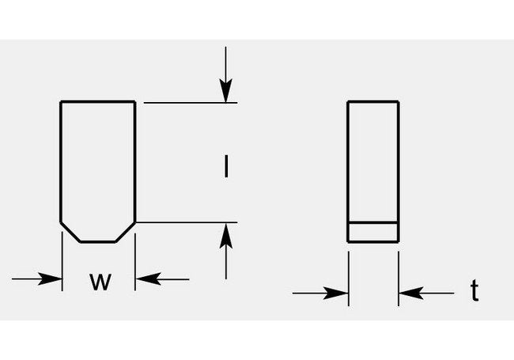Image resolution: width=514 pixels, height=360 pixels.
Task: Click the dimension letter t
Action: [x=474, y=292]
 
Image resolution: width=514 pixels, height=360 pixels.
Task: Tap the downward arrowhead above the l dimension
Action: [x=227, y=94]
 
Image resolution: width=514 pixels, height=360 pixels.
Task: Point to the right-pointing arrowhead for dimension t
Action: [x=341, y=293]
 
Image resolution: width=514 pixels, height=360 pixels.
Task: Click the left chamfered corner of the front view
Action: [x=71, y=232]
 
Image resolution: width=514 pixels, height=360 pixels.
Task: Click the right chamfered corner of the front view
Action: [x=126, y=232]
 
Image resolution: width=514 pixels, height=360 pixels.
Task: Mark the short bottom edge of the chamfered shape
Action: [x=99, y=241]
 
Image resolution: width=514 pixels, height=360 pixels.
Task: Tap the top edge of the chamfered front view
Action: [x=99, y=101]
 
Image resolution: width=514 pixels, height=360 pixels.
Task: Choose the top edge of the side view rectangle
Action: [x=373, y=101]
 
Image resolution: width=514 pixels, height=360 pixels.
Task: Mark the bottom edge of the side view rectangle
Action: [x=373, y=241]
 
